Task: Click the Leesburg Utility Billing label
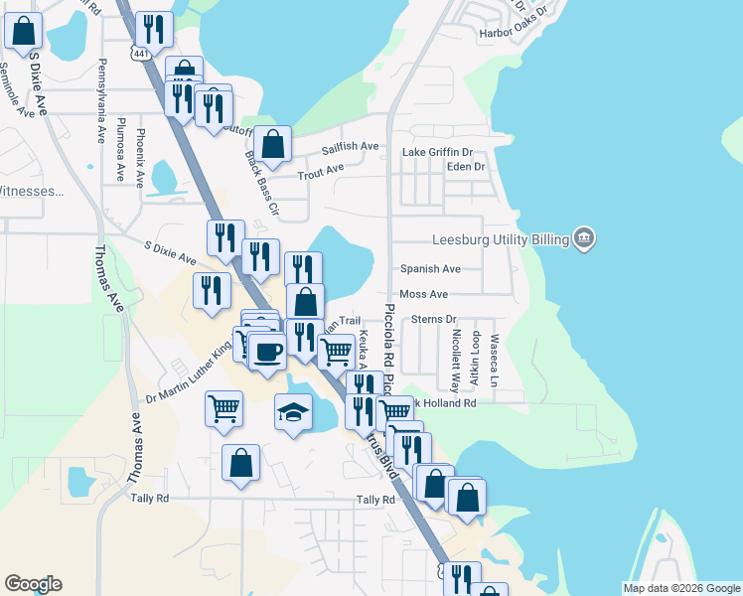click(501, 239)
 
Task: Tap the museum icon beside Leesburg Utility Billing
click(584, 238)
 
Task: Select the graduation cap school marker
click(293, 411)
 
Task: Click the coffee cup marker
click(266, 351)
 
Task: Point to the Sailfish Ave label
click(350, 147)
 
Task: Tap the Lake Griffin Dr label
click(437, 152)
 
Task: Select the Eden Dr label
click(465, 166)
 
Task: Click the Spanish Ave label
click(430, 269)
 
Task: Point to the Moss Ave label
click(423, 294)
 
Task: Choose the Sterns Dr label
click(432, 319)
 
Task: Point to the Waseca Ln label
click(494, 361)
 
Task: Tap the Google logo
click(33, 584)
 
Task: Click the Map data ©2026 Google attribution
click(680, 588)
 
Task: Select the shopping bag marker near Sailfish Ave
click(272, 144)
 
